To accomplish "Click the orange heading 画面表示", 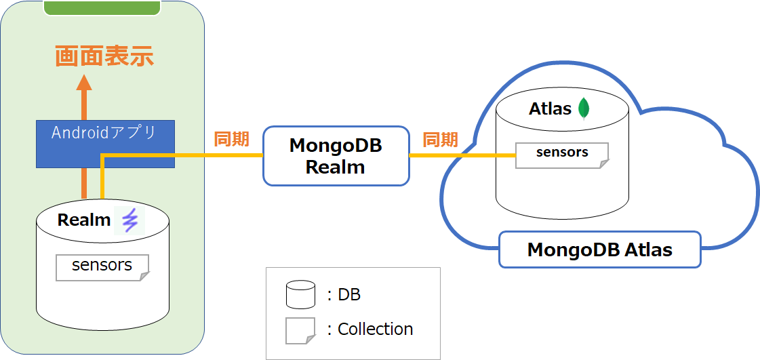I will [104, 56].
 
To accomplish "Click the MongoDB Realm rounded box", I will [336, 156].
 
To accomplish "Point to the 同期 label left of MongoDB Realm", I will [231, 140].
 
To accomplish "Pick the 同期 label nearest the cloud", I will [440, 140].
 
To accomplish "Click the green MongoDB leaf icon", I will [583, 109].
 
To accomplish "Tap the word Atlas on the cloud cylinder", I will [550, 109].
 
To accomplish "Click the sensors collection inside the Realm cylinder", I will [102, 266].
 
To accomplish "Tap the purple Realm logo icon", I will [129, 220].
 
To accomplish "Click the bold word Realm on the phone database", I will [84, 220].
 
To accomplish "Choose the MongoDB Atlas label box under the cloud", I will [600, 249].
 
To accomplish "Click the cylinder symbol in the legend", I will [300, 294].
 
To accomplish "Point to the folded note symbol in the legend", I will [300, 330].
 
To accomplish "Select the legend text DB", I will [349, 294].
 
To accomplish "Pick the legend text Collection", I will [375, 329].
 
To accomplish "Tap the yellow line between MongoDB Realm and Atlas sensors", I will [461, 155].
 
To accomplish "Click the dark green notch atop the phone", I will [102, 7].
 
